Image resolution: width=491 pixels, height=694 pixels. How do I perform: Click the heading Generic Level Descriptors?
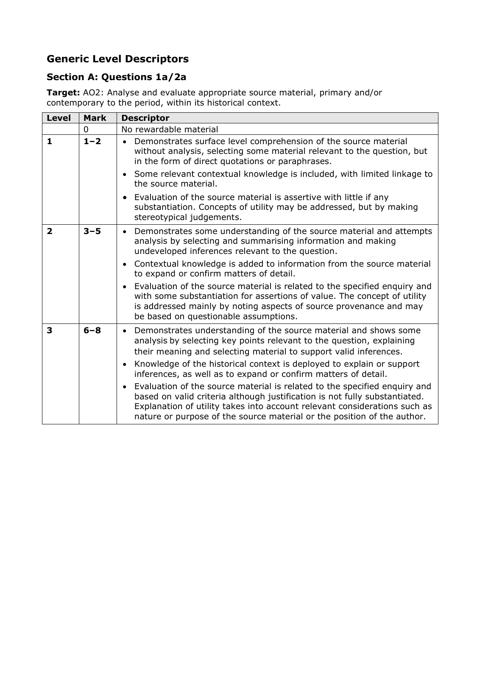(117, 59)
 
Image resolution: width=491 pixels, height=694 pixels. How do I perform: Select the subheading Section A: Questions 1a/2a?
(116, 77)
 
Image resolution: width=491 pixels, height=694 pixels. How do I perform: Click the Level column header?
(59, 118)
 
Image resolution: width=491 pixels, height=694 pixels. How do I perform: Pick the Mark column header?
(95, 118)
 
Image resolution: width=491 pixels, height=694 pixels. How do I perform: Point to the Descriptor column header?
(145, 118)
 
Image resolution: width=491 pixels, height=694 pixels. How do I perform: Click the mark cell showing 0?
(86, 129)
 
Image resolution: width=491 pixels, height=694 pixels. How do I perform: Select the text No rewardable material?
(170, 129)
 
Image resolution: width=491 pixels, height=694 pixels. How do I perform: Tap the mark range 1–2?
(92, 141)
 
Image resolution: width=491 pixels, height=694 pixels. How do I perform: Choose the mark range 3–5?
(92, 231)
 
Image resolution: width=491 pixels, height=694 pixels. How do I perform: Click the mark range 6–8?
(92, 330)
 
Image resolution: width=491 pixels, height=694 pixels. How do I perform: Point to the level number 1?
(50, 141)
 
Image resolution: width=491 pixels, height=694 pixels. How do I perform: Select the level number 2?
(50, 231)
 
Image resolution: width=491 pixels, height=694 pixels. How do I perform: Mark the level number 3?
(50, 330)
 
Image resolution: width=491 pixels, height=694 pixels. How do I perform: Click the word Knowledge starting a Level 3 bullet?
(154, 364)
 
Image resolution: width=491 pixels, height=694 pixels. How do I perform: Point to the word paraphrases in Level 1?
(304, 161)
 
